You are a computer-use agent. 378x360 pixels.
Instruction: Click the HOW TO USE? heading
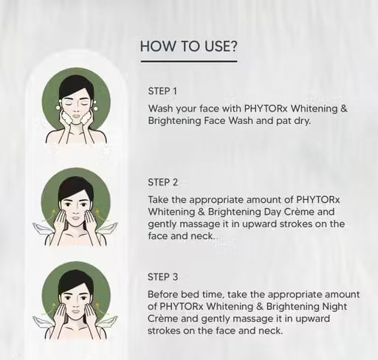point(188,46)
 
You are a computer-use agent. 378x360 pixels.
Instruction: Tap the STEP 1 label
point(162,91)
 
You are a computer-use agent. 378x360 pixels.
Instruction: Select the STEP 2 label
point(162,182)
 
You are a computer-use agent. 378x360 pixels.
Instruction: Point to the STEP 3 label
point(162,277)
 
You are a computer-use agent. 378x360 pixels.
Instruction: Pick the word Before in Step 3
point(162,294)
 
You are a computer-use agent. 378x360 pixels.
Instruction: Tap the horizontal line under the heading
point(189,61)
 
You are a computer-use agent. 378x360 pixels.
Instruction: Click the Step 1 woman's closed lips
point(76,115)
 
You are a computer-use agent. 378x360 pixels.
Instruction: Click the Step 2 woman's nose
point(76,210)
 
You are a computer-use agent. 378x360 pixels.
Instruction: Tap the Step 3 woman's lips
point(76,311)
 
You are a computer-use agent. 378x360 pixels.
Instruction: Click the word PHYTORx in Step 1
point(266,108)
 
